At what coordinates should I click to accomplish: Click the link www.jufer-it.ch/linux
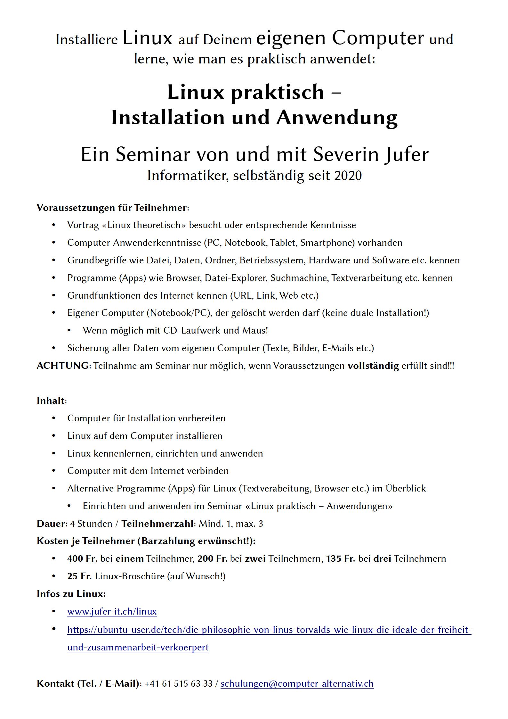click(112, 612)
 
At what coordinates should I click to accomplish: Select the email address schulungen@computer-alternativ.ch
click(297, 683)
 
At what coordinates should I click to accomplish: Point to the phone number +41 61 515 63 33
click(178, 683)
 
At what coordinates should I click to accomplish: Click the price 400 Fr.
click(82, 559)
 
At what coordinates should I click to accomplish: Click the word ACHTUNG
click(63, 366)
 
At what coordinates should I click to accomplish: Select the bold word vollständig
click(373, 366)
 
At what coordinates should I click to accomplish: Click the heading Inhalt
click(51, 401)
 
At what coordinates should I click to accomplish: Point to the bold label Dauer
click(51, 524)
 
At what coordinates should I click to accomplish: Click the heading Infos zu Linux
click(71, 594)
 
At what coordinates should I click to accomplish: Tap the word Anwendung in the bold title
click(337, 118)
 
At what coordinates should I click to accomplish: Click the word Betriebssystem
click(272, 260)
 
